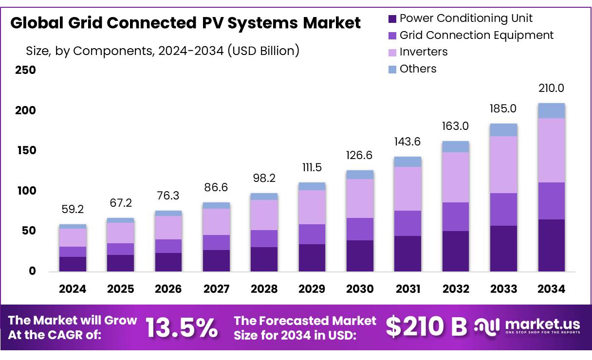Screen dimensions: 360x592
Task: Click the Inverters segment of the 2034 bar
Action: (x=551, y=150)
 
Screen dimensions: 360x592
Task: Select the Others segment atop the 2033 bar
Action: (x=503, y=130)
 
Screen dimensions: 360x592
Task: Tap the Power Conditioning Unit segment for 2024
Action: (x=73, y=264)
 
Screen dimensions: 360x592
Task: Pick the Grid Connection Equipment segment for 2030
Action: (x=360, y=229)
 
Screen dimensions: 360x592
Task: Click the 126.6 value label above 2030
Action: (x=360, y=155)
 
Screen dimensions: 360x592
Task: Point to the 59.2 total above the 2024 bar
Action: (x=73, y=209)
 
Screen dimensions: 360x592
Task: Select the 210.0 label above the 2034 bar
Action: (x=551, y=88)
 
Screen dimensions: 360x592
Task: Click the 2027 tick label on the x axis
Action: (x=216, y=289)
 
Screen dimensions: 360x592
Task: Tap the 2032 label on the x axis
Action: (x=456, y=289)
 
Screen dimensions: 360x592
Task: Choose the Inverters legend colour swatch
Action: (x=392, y=53)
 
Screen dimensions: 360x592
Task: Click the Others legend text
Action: (x=418, y=69)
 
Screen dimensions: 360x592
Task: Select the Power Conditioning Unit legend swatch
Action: (x=392, y=19)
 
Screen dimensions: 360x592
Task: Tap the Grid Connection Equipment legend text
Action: (x=476, y=36)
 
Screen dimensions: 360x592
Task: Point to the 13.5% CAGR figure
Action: (x=181, y=327)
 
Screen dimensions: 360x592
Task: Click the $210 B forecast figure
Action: (x=426, y=326)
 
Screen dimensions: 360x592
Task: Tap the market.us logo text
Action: (x=542, y=324)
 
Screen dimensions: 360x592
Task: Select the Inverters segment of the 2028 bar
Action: (x=264, y=215)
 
